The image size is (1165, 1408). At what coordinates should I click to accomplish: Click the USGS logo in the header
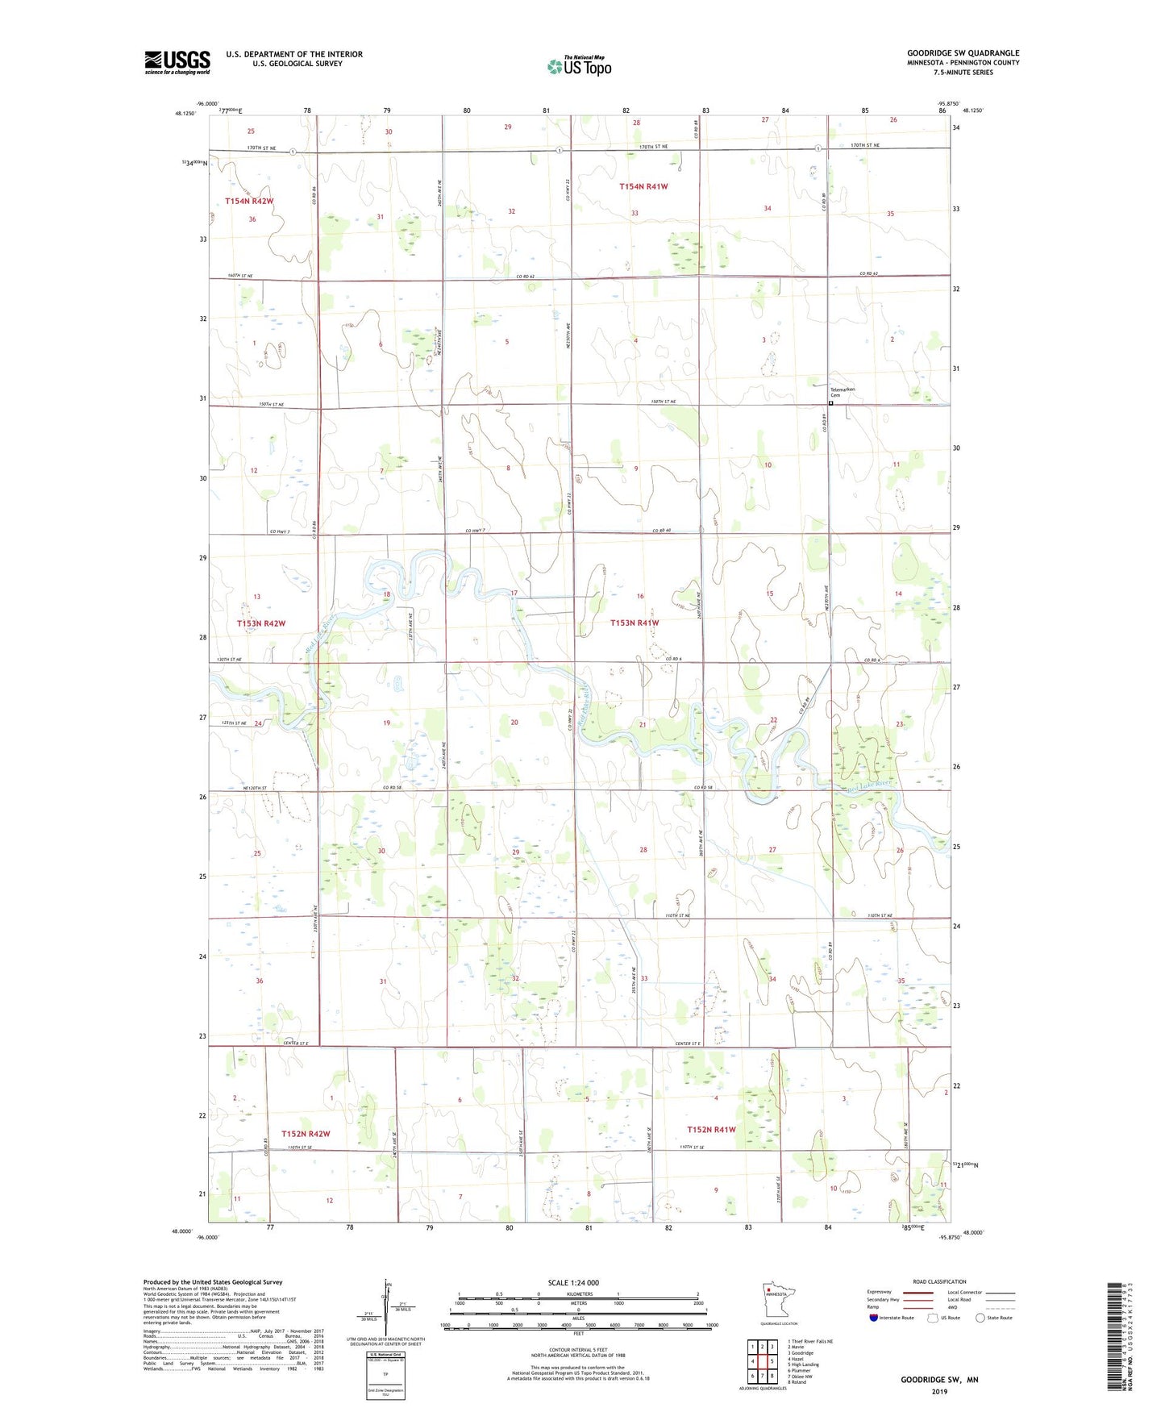[177, 62]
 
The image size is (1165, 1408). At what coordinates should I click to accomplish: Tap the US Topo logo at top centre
[580, 66]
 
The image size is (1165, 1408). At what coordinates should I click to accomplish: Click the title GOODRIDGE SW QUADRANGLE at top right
[963, 53]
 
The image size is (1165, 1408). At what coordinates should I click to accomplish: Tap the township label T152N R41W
[711, 1129]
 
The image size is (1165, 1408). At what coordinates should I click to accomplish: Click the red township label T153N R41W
[635, 623]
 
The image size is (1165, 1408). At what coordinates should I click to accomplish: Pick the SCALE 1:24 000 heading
[573, 1282]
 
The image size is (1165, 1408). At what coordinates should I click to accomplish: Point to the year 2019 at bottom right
[939, 1391]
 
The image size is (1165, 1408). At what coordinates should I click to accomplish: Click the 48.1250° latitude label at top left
[185, 114]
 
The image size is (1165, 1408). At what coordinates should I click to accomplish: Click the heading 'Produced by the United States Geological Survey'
[213, 1281]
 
